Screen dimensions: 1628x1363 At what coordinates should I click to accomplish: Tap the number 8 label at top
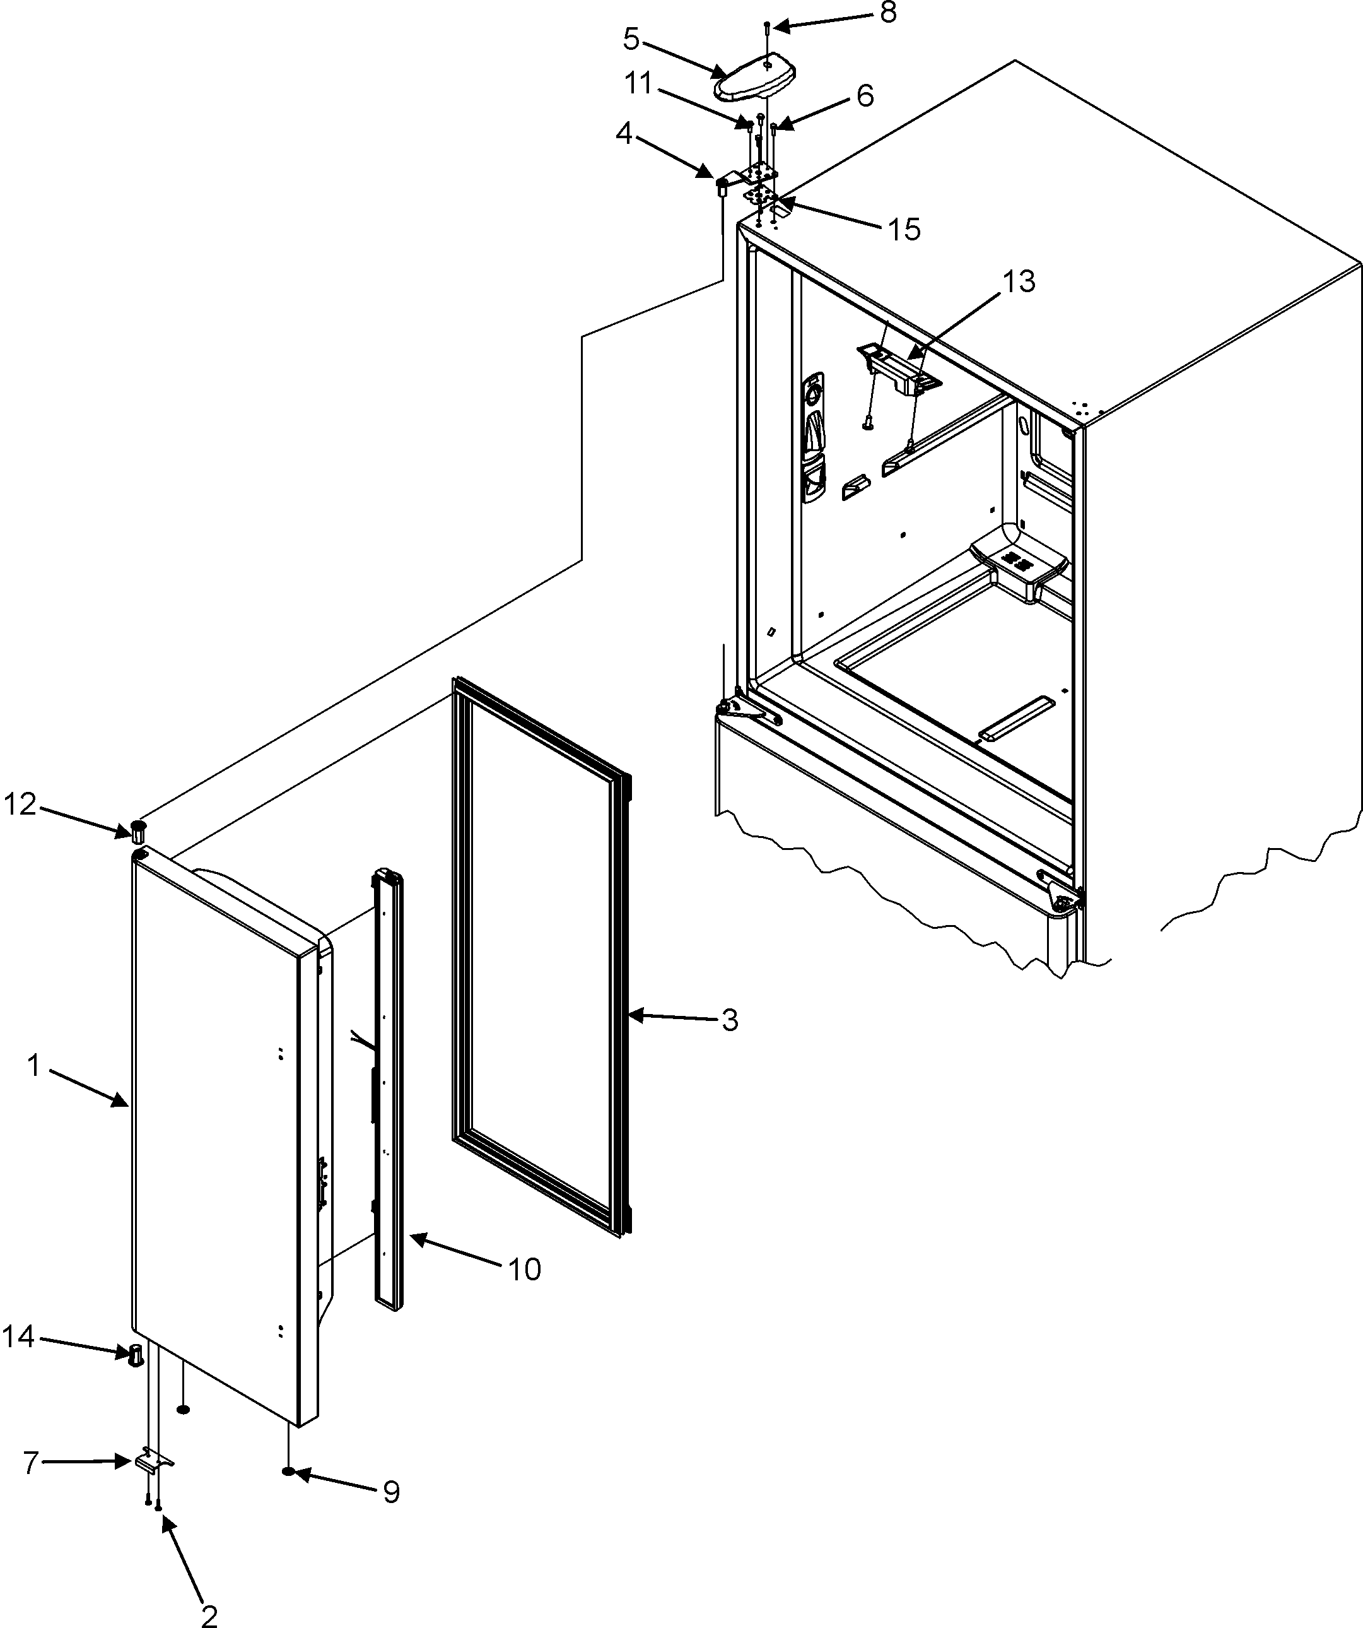(x=887, y=13)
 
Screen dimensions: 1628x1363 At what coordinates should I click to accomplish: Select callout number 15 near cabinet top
(x=903, y=230)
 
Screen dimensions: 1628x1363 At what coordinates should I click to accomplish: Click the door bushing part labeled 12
(x=138, y=830)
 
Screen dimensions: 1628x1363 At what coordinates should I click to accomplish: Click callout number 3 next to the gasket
(x=729, y=1021)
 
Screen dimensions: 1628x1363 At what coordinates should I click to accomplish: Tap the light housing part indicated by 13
(x=899, y=370)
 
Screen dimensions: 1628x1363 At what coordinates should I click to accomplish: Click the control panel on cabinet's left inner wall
(x=813, y=438)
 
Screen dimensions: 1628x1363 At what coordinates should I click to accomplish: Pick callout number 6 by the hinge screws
(x=865, y=96)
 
